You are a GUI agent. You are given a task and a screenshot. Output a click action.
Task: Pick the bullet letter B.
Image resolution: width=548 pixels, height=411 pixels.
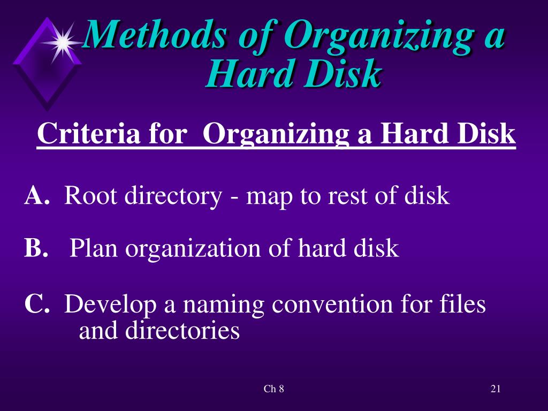point(35,248)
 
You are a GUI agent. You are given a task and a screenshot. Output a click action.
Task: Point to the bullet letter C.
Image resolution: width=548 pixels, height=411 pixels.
point(37,305)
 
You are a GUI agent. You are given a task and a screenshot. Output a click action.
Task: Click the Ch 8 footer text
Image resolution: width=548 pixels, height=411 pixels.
point(273,389)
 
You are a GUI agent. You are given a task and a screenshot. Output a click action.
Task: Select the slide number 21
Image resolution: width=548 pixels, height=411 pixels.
point(495,389)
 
